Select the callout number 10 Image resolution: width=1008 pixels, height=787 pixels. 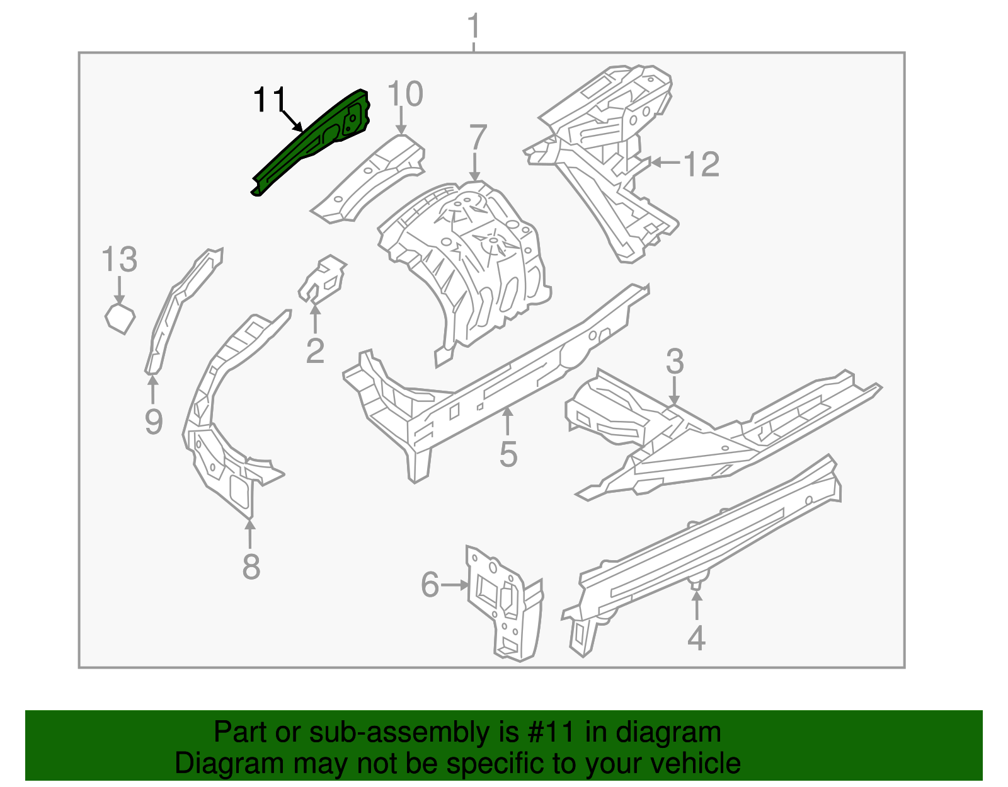pos(405,95)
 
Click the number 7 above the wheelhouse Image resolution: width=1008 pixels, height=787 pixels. pos(478,138)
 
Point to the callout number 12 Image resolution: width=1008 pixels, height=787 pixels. pos(701,164)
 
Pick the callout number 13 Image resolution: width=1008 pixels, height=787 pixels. pos(119,260)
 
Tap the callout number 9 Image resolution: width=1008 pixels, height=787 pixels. pos(154,421)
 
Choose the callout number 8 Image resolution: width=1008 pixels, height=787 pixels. pos(251,566)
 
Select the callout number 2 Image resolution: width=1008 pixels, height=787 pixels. pos(315,350)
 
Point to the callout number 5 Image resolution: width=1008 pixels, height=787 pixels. pos(508,454)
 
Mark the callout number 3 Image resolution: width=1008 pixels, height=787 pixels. pos(675,362)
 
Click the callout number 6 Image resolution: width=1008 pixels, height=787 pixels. pos(430,585)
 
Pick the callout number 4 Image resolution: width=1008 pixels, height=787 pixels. pos(696,638)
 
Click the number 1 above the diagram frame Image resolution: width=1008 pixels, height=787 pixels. pos(474,28)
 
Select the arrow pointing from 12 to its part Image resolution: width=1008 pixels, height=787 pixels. pos(664,163)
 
